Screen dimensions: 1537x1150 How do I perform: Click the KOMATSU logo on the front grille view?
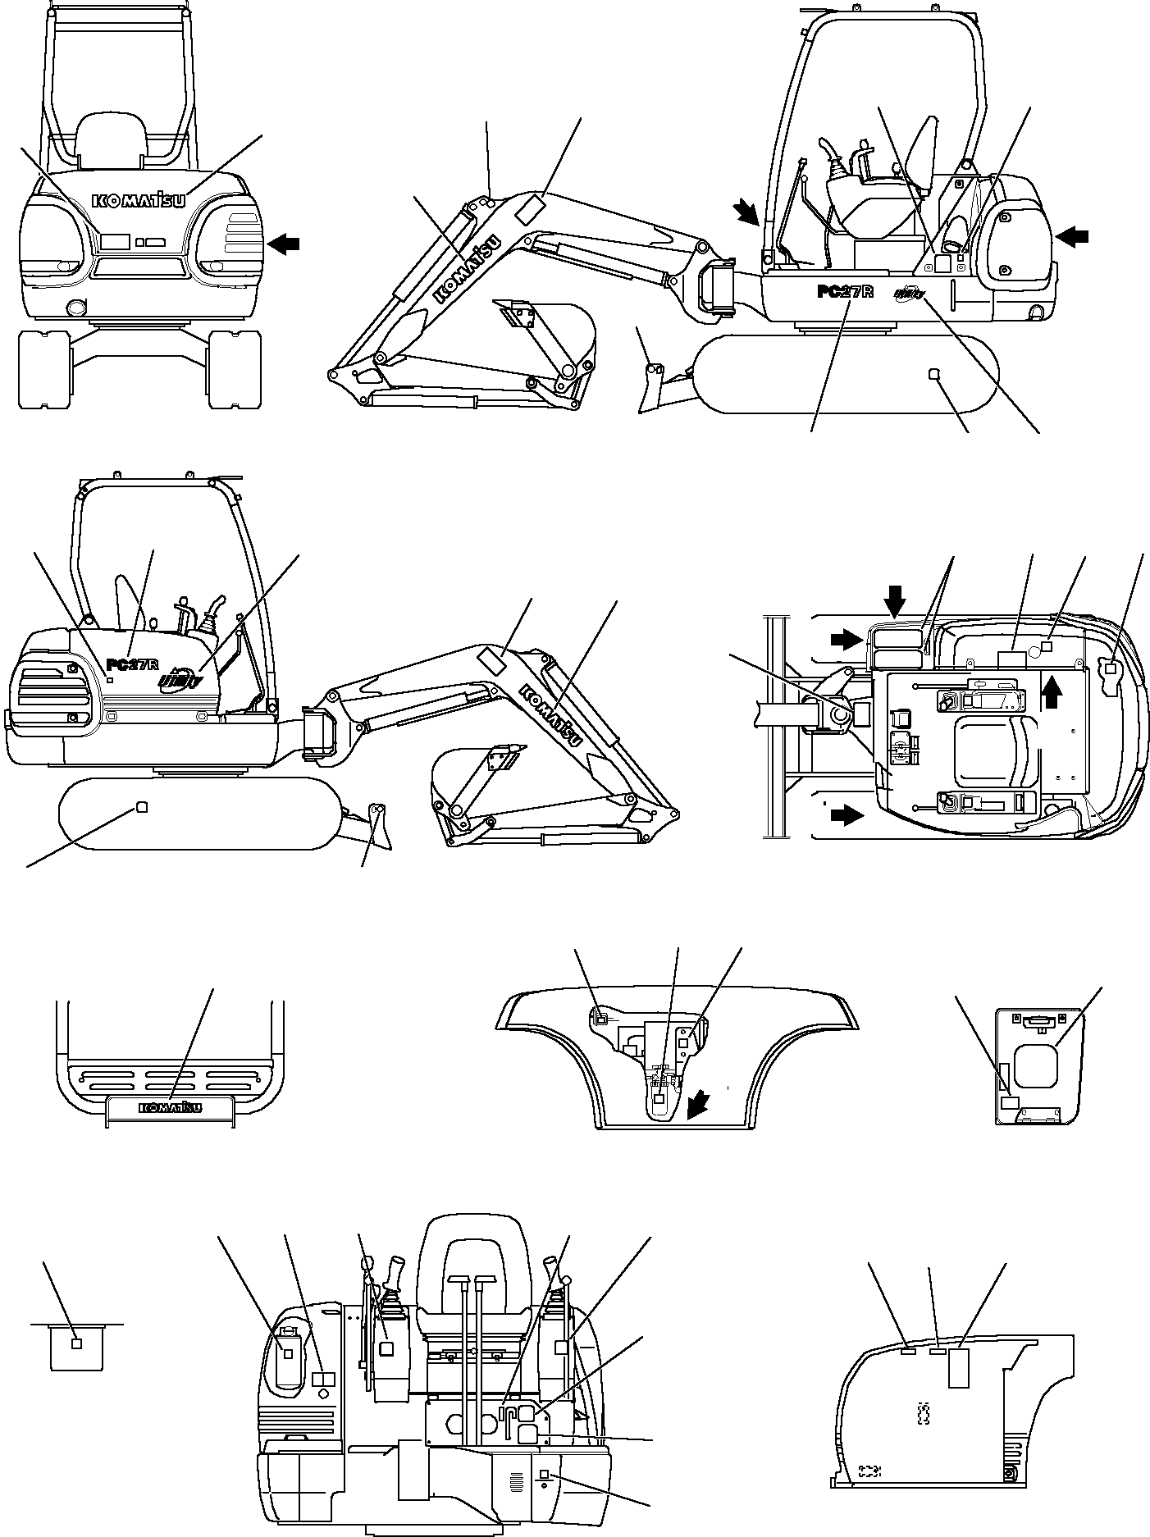[172, 1108]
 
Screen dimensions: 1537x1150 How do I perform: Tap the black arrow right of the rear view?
[284, 243]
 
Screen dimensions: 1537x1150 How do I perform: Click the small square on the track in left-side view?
[140, 807]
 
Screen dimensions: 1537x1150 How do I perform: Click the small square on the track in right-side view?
[933, 374]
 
